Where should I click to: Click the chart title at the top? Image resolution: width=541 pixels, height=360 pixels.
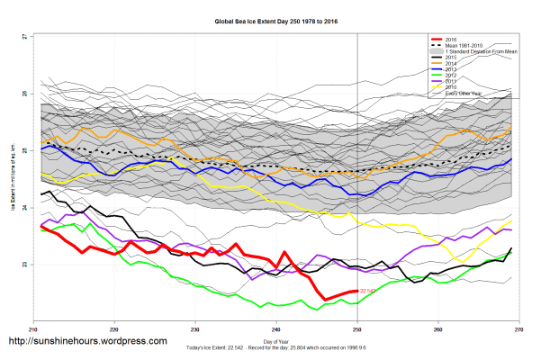[271, 20]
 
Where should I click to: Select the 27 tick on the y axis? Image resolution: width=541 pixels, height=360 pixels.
[24, 37]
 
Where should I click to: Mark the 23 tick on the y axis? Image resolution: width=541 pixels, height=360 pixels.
[24, 265]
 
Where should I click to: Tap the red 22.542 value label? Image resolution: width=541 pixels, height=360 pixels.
[367, 292]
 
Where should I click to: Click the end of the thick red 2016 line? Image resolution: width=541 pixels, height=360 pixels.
[357, 292]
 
